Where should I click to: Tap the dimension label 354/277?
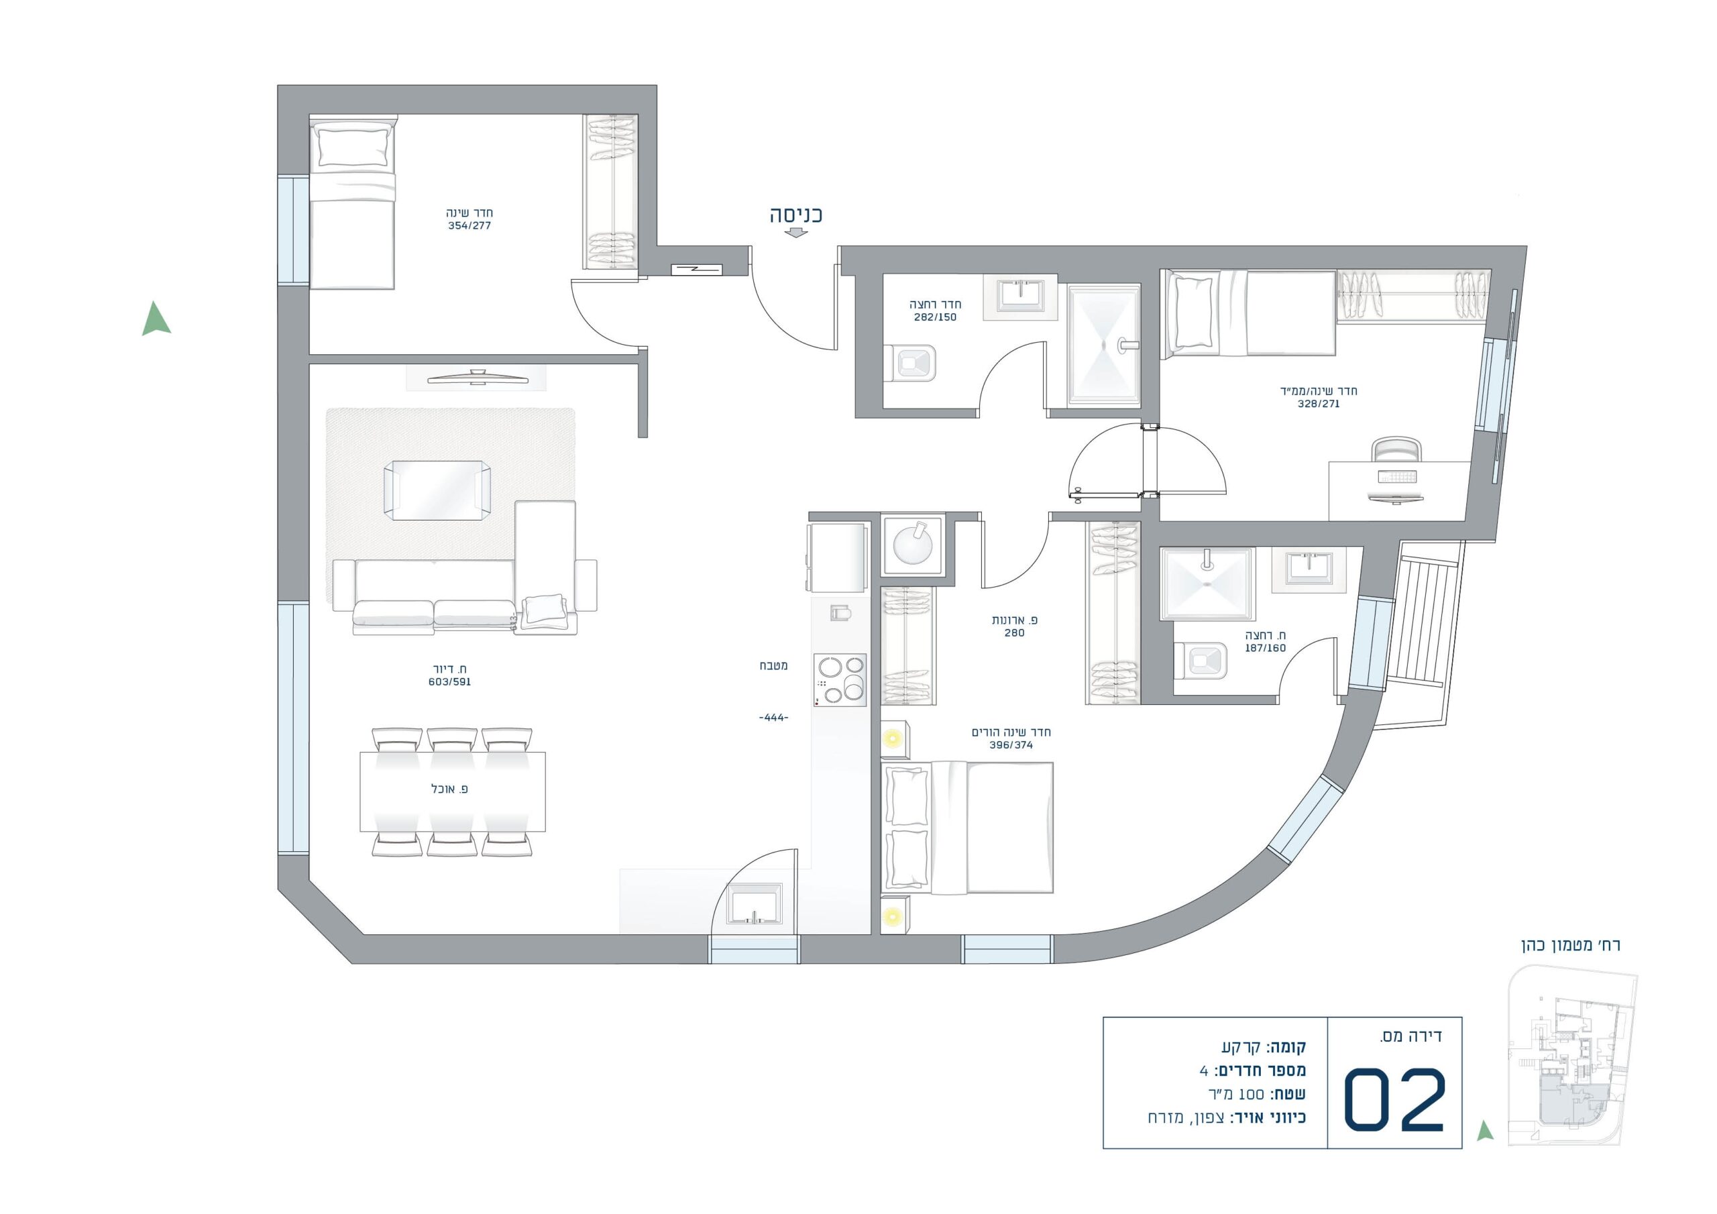pos(469,226)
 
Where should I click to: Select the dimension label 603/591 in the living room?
pos(449,682)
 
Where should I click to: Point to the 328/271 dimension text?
pos(1319,404)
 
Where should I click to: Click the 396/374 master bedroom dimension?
pos(1011,745)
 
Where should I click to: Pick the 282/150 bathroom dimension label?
pos(935,317)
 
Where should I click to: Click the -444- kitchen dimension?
pos(773,718)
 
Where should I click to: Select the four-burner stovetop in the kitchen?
pos(840,680)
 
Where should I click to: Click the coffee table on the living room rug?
pos(437,490)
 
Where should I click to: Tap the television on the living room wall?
pos(476,377)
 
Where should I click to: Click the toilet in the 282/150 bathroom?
pos(910,364)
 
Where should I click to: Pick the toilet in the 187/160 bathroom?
pos(1201,661)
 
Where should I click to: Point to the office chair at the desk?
pos(1396,449)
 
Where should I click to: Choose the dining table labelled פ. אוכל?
pos(453,792)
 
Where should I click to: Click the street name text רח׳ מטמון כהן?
pos(1570,945)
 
